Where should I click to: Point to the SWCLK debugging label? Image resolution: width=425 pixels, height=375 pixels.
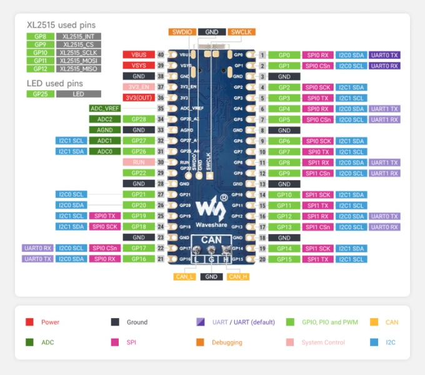click(242, 32)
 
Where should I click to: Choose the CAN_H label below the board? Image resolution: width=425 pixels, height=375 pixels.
click(237, 276)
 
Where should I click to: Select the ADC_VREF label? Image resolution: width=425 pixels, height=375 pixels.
click(105, 108)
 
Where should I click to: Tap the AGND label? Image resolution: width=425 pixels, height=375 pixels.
click(105, 130)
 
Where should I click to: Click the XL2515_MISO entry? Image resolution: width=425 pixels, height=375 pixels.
click(78, 69)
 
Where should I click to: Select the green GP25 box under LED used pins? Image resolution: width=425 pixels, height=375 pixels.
click(40, 94)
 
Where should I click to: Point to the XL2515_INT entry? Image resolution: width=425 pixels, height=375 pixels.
click(78, 37)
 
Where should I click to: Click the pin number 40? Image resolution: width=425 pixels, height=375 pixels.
click(161, 55)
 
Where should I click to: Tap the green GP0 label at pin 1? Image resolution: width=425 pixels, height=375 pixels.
click(284, 55)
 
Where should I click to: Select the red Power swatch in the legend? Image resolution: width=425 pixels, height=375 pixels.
click(29, 322)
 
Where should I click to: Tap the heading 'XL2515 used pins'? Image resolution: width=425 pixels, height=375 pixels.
click(61, 25)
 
